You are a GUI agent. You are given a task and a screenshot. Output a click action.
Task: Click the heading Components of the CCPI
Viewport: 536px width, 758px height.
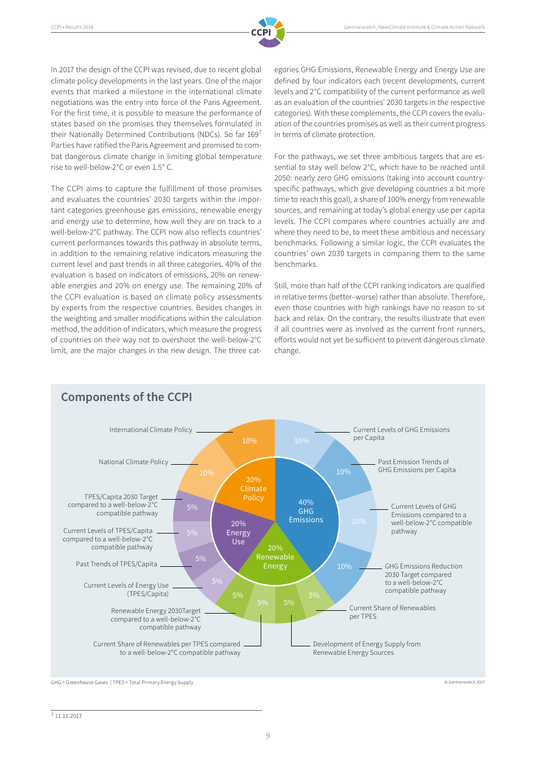[x=126, y=397]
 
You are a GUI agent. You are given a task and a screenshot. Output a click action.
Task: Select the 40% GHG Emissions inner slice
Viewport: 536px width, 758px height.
[x=306, y=511]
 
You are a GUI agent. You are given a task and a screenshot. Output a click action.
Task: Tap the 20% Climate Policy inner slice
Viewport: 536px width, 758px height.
[x=253, y=489]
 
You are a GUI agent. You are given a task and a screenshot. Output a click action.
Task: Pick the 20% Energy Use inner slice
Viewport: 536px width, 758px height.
[x=238, y=533]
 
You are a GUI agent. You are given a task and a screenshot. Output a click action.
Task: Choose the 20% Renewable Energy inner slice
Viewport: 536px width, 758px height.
[x=275, y=557]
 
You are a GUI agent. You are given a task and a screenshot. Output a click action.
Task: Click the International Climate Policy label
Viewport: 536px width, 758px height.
[x=151, y=430]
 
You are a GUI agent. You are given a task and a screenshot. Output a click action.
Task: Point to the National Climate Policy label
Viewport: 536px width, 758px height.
[x=133, y=462]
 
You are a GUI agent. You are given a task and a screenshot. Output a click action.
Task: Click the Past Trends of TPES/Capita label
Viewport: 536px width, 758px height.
[x=116, y=564]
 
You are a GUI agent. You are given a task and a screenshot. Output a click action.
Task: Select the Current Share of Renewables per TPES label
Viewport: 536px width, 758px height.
[x=392, y=612]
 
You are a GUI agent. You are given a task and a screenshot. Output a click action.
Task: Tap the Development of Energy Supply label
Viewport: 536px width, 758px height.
[x=366, y=648]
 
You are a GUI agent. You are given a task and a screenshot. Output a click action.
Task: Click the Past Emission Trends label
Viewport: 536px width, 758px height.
[x=416, y=466]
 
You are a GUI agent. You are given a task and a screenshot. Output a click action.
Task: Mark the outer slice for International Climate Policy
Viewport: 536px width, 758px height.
[x=249, y=440]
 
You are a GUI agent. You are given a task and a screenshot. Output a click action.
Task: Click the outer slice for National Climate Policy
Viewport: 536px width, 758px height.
[x=207, y=473]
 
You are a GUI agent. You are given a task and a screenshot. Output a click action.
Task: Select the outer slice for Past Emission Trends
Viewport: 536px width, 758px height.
[x=343, y=471]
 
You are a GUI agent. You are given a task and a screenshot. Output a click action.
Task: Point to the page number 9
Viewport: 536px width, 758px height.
[x=268, y=735]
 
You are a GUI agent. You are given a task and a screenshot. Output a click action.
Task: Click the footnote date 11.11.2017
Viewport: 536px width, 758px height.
[x=68, y=716]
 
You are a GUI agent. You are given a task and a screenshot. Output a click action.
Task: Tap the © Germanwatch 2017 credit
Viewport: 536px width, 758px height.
[x=464, y=682]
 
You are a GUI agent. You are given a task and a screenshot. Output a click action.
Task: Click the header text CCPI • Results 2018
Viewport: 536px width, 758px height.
[x=72, y=27]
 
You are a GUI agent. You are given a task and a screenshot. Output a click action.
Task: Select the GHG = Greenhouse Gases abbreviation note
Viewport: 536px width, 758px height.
[x=80, y=682]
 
